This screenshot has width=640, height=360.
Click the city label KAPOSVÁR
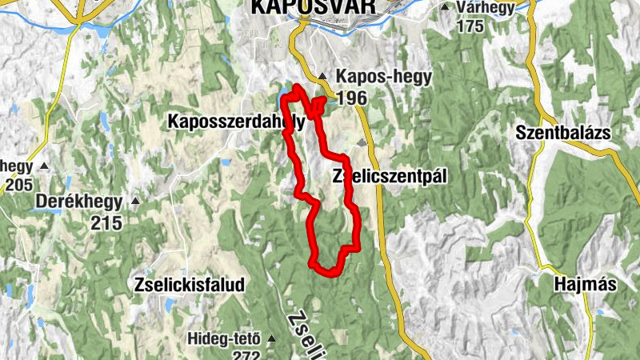(x=312, y=6)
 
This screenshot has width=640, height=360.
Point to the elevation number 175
(x=470, y=26)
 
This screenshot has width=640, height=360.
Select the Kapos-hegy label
(x=384, y=78)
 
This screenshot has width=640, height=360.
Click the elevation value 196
(x=352, y=98)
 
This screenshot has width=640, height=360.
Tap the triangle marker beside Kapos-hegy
(x=322, y=78)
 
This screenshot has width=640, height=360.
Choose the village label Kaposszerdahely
(x=236, y=122)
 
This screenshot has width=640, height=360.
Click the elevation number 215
(x=106, y=222)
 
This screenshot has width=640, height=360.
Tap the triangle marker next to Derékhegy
(x=135, y=201)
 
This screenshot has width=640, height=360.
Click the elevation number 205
(x=16, y=185)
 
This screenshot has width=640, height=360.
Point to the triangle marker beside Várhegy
(x=445, y=8)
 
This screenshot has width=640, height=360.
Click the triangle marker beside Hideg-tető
(x=270, y=338)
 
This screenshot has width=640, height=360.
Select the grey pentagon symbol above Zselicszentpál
(x=362, y=143)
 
